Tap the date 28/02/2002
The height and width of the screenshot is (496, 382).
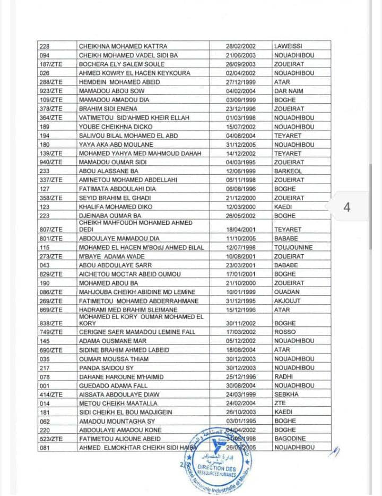[241, 46]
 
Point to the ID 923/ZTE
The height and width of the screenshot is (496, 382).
[51, 91]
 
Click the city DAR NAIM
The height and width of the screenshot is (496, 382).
[289, 91]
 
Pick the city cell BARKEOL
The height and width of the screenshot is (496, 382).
[289, 172]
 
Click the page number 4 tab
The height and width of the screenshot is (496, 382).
[346, 207]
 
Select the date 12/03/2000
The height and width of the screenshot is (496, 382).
[241, 207]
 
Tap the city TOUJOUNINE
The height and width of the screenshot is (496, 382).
[293, 247]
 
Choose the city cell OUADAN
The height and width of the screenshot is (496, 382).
[287, 292]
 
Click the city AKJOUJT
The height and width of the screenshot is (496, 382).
[288, 301]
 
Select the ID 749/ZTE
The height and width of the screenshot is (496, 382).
[51, 332]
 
